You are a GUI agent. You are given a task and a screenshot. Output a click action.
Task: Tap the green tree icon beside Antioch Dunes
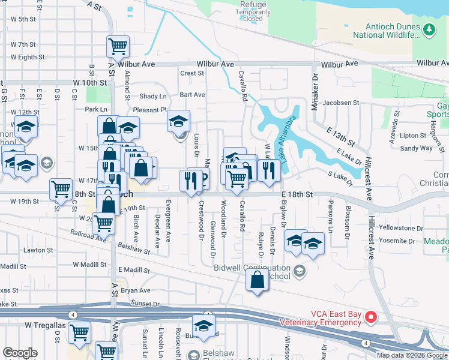point(429,28)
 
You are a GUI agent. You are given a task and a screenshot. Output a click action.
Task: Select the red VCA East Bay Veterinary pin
point(371,317)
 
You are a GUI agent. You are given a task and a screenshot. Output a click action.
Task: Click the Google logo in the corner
point(20,353)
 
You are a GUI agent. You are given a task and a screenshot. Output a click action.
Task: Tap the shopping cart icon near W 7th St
point(118,45)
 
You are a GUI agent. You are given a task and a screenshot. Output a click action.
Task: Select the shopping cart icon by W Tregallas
point(79,332)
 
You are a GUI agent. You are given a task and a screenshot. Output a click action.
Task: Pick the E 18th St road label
point(297,195)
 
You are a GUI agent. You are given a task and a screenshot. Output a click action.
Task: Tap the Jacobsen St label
point(340,103)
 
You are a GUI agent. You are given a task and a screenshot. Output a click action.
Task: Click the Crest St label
point(192,73)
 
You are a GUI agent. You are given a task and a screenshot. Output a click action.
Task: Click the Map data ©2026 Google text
point(412,355)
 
